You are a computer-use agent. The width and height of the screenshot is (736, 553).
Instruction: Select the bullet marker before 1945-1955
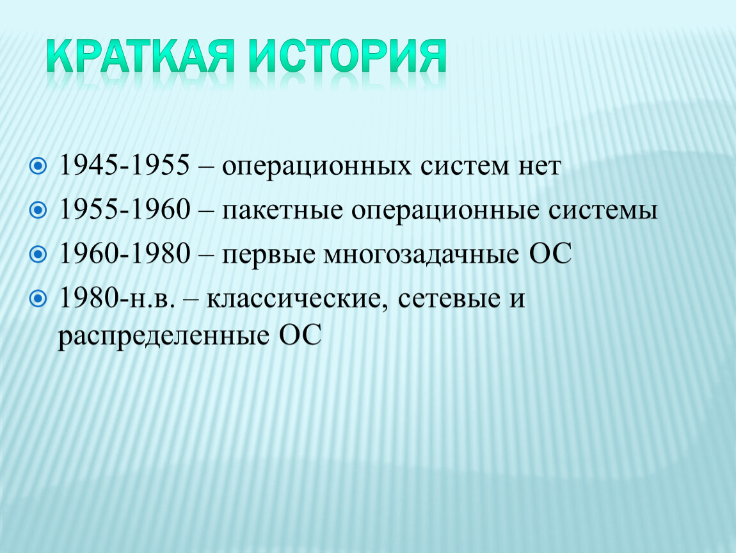[38, 166]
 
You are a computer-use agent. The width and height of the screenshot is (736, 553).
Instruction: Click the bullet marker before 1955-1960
[38, 210]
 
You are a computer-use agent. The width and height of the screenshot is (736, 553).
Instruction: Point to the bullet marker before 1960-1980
[38, 255]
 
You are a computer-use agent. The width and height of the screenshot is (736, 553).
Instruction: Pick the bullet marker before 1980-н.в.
[38, 298]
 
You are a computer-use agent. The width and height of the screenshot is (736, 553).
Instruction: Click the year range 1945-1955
[124, 165]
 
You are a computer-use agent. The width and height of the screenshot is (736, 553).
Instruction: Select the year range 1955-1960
[124, 209]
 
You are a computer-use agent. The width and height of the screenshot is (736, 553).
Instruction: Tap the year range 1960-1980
[124, 253]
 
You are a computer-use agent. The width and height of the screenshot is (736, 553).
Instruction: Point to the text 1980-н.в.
[117, 298]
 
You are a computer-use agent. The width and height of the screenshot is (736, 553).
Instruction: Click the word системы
[603, 211]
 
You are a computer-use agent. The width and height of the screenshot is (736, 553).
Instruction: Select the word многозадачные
[420, 255]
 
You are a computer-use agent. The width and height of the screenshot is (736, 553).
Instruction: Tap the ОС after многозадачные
[550, 253]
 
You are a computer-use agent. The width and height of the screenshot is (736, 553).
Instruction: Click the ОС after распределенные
[300, 335]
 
